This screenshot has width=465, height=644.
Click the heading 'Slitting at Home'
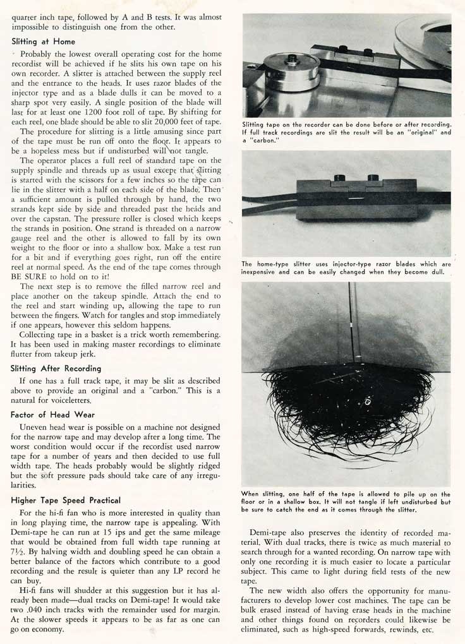[44, 41]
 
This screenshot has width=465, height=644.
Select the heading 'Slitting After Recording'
[56, 368]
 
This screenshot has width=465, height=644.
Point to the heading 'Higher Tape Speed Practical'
[66, 500]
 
